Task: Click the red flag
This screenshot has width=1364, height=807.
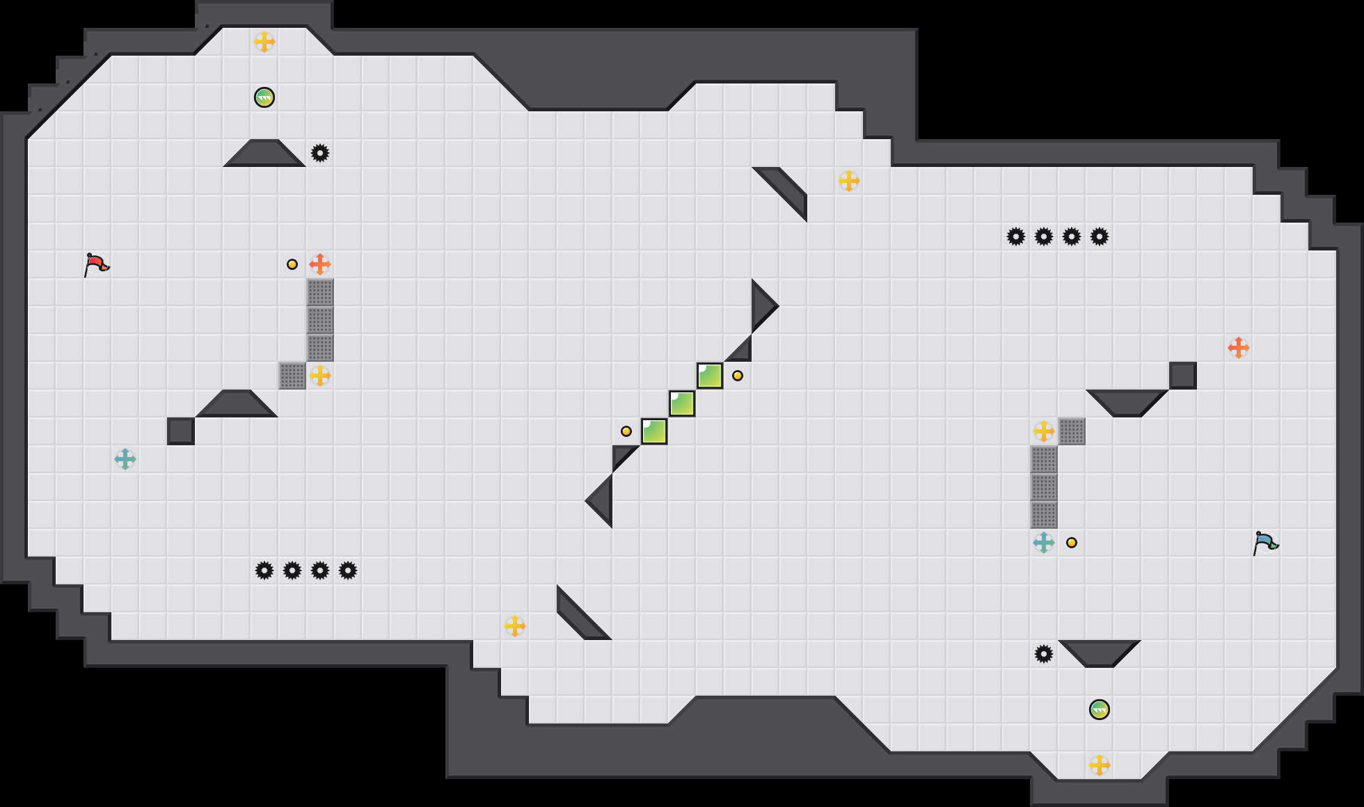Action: [96, 264]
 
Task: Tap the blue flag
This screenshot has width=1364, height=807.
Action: [1265, 543]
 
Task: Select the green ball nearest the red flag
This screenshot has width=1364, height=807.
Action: [264, 97]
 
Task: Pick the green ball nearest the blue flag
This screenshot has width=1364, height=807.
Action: [1100, 710]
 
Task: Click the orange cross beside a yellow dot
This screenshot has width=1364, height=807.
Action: [320, 264]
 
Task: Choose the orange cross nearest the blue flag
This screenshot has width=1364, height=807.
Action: [1239, 348]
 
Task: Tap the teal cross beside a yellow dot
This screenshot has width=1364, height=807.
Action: [1044, 543]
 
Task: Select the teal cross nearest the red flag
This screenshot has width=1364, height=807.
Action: [125, 459]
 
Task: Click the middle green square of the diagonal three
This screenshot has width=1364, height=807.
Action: [682, 403]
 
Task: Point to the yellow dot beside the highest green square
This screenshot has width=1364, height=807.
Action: [738, 376]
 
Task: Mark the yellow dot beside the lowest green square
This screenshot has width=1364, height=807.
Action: [626, 431]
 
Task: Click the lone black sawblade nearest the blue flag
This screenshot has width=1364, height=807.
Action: [1044, 654]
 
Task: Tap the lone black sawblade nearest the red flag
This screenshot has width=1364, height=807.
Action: [320, 153]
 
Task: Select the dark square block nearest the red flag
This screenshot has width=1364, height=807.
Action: [181, 431]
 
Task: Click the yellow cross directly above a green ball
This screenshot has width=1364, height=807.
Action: [264, 42]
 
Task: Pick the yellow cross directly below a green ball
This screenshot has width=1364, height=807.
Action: [1100, 765]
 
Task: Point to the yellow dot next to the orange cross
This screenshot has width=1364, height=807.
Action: [292, 264]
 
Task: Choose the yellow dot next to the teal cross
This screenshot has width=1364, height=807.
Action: [1072, 543]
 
